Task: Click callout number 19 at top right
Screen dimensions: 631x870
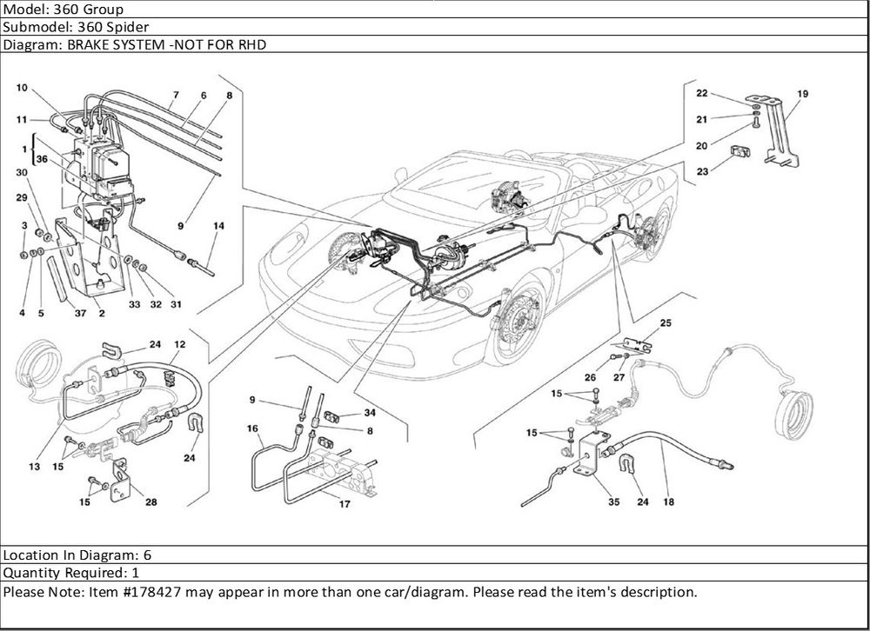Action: click(802, 93)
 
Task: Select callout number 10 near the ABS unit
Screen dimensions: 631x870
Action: click(23, 88)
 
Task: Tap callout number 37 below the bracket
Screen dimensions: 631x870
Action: click(79, 313)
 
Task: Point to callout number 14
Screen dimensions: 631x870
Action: click(218, 226)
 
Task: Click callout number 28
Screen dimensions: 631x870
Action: click(152, 502)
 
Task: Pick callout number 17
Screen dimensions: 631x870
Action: click(345, 504)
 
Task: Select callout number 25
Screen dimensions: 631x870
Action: click(666, 323)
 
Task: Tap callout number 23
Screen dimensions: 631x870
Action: click(702, 171)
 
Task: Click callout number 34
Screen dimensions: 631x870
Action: click(370, 412)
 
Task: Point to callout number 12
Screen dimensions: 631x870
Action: click(179, 345)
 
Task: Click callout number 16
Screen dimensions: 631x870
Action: click(252, 428)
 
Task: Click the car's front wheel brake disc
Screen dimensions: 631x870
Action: click(516, 323)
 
